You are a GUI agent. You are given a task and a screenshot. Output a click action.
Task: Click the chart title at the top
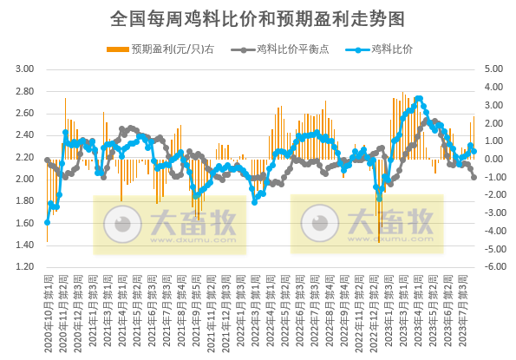coord(258,16)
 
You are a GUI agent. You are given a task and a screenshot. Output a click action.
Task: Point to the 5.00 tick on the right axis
coord(496,69)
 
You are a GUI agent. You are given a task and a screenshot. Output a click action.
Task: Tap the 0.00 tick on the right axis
coord(496,159)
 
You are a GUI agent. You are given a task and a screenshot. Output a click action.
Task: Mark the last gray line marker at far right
coord(474,177)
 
